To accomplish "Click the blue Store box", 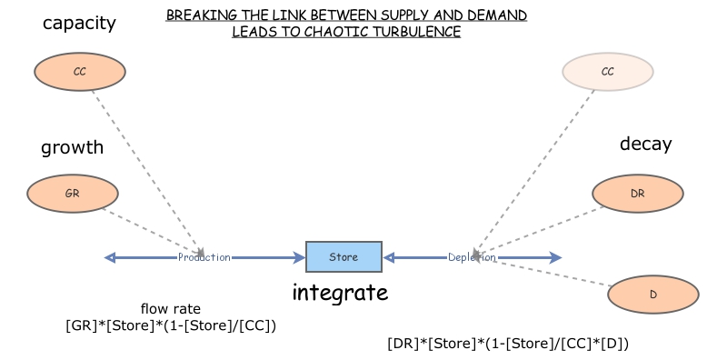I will [x=344, y=257].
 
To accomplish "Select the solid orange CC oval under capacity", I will [x=79, y=71].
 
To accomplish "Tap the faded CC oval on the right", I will [x=607, y=71].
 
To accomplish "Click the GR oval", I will [x=73, y=194].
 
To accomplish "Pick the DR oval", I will [x=637, y=193].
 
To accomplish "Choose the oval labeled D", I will [x=652, y=295].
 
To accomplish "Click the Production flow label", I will [x=204, y=257].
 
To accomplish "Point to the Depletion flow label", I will [x=473, y=257].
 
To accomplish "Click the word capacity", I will [x=79, y=23].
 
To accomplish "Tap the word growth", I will [x=72, y=146].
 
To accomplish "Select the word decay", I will [x=645, y=144].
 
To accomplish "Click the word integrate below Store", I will [x=340, y=293].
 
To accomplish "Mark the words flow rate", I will [x=171, y=308].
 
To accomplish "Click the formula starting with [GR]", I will [x=171, y=325].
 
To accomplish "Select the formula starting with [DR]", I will [x=508, y=344].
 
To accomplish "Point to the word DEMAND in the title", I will [x=493, y=15].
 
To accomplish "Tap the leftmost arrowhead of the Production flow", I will [x=110, y=257].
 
